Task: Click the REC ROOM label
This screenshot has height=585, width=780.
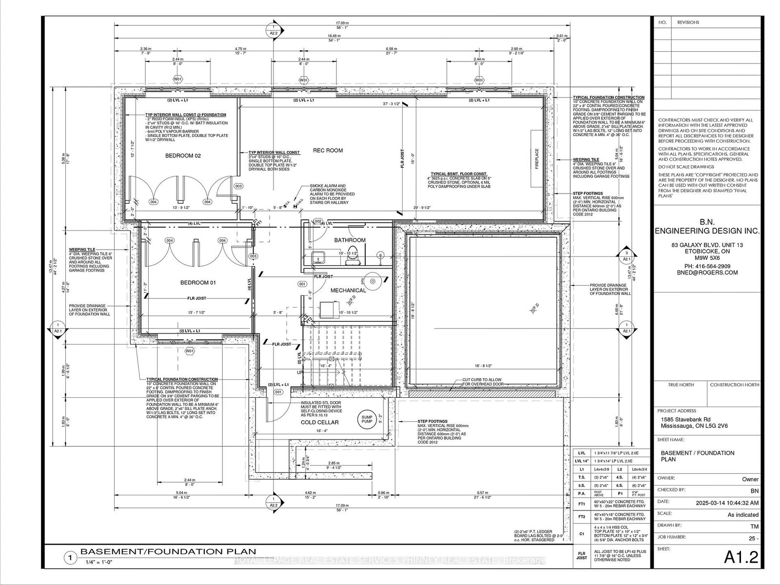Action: click(x=328, y=151)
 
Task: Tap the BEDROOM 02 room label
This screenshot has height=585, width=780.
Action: click(x=183, y=156)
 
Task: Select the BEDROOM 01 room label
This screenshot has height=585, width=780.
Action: click(x=198, y=283)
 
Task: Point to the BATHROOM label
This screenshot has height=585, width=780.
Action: click(x=350, y=240)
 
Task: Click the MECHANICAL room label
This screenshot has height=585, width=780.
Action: click(x=348, y=291)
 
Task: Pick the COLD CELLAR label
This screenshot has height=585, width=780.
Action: click(x=319, y=422)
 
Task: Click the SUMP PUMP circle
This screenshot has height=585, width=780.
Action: click(x=367, y=419)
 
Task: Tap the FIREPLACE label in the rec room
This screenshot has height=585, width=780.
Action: click(x=537, y=159)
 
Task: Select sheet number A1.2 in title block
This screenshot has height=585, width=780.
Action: click(x=741, y=557)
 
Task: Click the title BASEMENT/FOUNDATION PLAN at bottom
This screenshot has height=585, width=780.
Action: click(x=168, y=552)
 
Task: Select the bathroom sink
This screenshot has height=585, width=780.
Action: click(x=321, y=256)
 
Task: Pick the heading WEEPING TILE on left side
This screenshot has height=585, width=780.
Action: click(x=81, y=249)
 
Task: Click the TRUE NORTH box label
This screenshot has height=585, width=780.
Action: click(x=681, y=385)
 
